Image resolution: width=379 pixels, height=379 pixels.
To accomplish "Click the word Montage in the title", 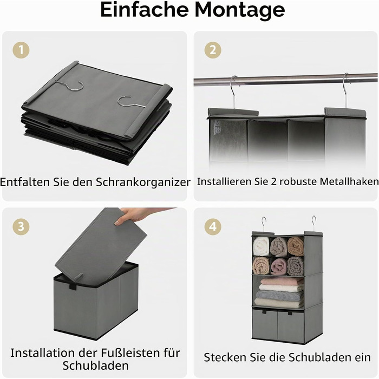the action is click(x=240, y=10).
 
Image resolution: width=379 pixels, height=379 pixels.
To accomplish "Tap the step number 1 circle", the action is click(x=21, y=50).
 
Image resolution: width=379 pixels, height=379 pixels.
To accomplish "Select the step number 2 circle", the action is click(x=213, y=50).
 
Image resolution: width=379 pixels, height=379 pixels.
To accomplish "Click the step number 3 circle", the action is click(x=21, y=226).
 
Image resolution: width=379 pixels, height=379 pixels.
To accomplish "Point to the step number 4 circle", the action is click(x=213, y=226).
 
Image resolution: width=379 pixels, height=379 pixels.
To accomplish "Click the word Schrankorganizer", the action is click(x=143, y=182).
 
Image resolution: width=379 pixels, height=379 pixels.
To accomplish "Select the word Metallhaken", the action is click(x=349, y=181).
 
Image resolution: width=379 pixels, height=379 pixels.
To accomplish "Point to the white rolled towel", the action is click(x=261, y=246).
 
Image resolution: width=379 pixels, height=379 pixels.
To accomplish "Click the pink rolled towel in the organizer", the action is click(x=279, y=266).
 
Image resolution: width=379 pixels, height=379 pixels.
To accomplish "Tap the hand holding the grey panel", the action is click(x=140, y=215).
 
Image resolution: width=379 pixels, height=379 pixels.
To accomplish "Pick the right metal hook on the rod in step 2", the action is click(x=346, y=90).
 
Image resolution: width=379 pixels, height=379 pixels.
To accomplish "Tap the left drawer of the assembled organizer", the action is click(x=265, y=324).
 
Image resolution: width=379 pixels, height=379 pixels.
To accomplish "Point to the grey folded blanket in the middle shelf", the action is click(x=279, y=295).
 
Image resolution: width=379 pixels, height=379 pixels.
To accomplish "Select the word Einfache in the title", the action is click(x=145, y=10).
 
